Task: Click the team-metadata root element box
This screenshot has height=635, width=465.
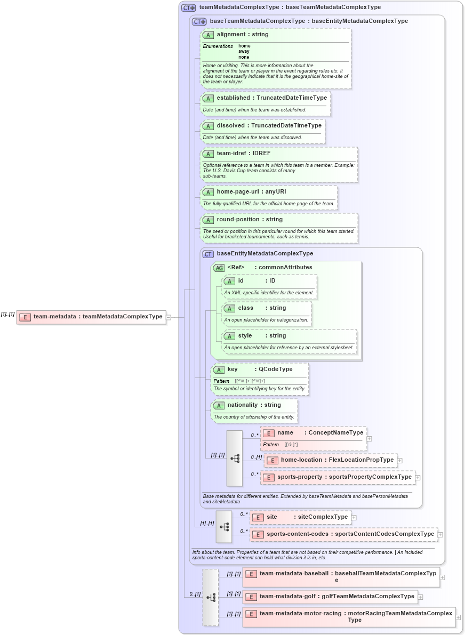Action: [x=91, y=317]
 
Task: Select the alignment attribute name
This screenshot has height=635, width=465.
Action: [x=230, y=35]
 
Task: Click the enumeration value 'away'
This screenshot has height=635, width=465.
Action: [x=243, y=52]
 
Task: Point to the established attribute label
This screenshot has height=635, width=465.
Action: [x=233, y=98]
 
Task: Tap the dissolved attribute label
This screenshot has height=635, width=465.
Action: [x=230, y=126]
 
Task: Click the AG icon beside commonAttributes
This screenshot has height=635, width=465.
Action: [x=219, y=268]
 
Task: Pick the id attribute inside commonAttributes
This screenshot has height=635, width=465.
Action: [x=241, y=281]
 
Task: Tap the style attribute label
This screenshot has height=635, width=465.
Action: [x=245, y=336]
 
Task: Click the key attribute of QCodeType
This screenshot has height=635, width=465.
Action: [x=232, y=369]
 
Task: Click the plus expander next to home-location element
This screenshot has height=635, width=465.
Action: [x=400, y=460]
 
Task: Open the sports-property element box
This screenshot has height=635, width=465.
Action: [x=338, y=477]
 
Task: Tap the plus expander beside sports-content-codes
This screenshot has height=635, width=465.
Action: [x=440, y=534]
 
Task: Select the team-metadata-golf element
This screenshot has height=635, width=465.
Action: [x=330, y=597]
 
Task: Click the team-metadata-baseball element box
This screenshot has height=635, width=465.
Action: [x=341, y=577]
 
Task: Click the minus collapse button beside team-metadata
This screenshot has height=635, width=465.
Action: [x=169, y=317]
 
